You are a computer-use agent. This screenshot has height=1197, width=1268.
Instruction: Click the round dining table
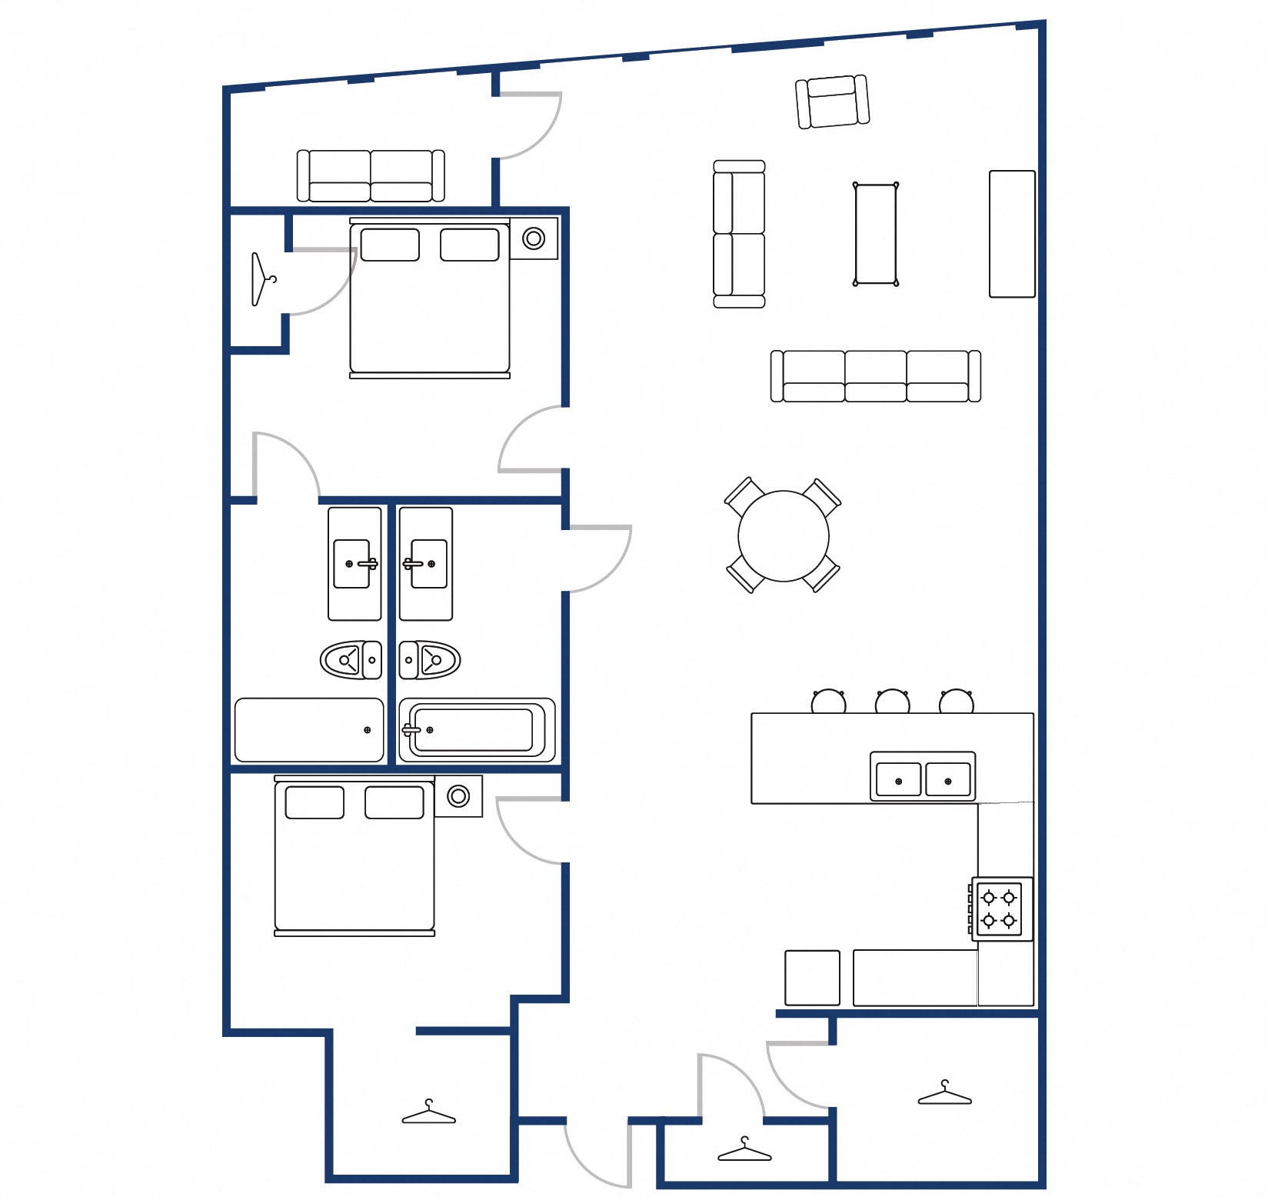[x=783, y=536]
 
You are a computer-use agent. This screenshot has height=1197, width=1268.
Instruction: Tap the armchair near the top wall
[x=832, y=102]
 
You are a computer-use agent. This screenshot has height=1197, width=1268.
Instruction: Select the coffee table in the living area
[x=875, y=234]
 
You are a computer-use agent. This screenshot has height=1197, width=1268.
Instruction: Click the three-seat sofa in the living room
[x=875, y=376]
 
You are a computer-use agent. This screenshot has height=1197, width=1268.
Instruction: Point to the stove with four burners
[x=999, y=909]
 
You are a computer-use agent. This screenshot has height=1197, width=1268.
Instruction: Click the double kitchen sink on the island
[x=923, y=778]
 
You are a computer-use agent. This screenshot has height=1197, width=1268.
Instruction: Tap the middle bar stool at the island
[x=892, y=702]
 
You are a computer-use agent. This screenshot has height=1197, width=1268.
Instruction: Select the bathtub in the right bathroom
[x=476, y=730]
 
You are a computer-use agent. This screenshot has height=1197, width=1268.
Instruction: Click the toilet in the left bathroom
[x=351, y=660]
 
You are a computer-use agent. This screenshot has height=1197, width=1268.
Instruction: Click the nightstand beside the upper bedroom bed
[x=534, y=238]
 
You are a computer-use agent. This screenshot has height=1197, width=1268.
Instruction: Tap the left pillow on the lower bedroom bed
[x=315, y=802]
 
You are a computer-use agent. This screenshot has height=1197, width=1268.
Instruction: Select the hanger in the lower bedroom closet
[x=428, y=1113]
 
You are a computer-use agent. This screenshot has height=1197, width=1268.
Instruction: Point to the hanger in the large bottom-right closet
[x=944, y=1094]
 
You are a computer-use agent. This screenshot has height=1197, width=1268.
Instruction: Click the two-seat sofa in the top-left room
[x=371, y=176]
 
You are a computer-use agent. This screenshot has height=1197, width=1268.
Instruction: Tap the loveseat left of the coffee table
[x=739, y=234]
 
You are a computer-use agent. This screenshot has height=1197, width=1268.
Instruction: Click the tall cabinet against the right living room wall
[x=1011, y=234]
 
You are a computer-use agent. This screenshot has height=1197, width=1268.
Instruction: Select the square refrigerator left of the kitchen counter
[x=812, y=978]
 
